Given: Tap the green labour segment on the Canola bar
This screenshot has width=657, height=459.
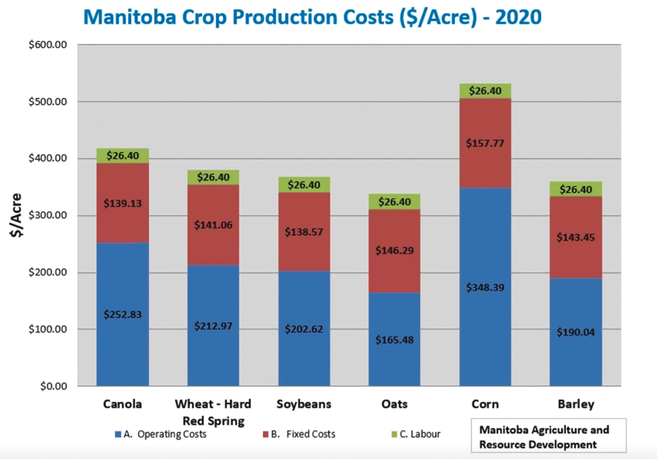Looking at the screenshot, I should pyautogui.click(x=122, y=155).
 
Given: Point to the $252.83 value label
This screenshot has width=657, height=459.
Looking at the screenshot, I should pyautogui.click(x=122, y=314).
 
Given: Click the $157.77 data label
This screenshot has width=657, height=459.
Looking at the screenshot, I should pyautogui.click(x=485, y=143).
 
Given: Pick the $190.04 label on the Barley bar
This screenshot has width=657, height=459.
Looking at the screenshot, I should pyautogui.click(x=576, y=332).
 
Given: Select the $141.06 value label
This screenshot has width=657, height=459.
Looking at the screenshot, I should pyautogui.click(x=214, y=225).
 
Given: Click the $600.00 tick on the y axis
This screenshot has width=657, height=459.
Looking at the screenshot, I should pyautogui.click(x=50, y=45).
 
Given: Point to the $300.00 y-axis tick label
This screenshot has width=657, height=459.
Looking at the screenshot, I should pyautogui.click(x=50, y=216).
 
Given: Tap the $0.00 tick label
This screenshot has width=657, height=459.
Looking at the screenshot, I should pyautogui.click(x=54, y=386).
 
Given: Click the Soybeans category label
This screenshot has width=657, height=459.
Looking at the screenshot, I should pyautogui.click(x=304, y=404).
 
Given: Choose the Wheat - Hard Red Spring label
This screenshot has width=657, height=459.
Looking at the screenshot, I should pyautogui.click(x=214, y=412).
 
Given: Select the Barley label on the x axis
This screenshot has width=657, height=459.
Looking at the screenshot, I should pyautogui.click(x=576, y=404).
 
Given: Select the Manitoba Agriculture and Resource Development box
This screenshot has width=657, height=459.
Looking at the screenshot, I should pyautogui.click(x=548, y=437).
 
